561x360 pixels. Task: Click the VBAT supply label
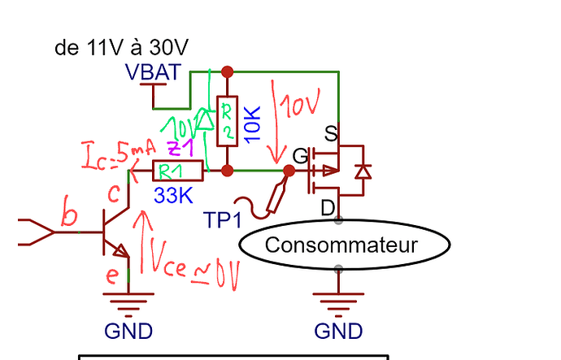coord(153,72)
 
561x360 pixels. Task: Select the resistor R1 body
coord(178,171)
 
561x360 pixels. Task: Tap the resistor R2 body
coord(228,120)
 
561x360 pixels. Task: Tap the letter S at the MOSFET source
coord(331,132)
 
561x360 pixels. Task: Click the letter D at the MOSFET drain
coord(328,208)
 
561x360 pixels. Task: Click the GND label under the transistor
coord(128,331)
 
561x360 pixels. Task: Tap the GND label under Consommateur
coord(338,331)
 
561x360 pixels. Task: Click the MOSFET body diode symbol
coord(363,171)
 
